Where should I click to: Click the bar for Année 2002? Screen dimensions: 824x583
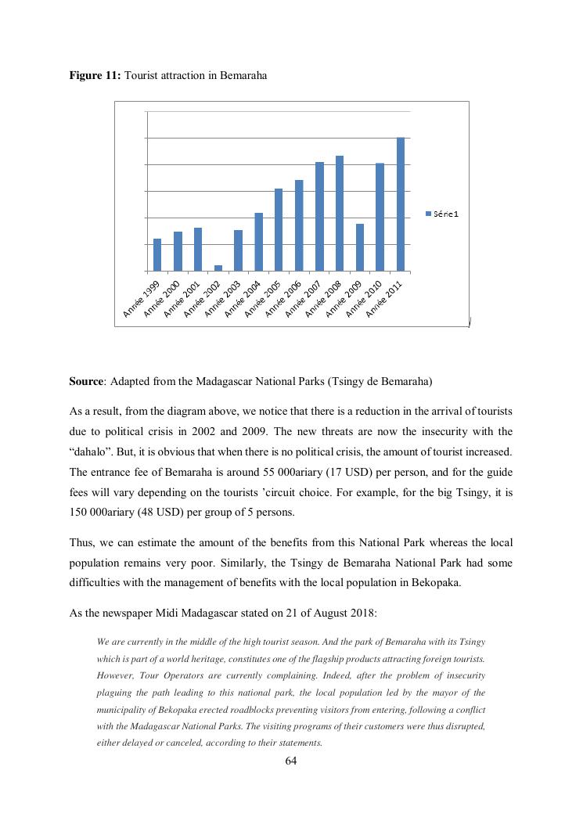[x=218, y=268]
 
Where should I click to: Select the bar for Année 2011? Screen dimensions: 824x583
[x=400, y=204]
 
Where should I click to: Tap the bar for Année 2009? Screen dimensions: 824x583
[x=359, y=247]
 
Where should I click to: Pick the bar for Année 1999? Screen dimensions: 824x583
[x=157, y=254]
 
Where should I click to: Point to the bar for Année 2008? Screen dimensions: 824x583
[x=340, y=213]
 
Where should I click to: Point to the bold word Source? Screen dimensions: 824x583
[x=86, y=382]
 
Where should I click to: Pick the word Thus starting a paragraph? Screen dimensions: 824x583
[x=81, y=542]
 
